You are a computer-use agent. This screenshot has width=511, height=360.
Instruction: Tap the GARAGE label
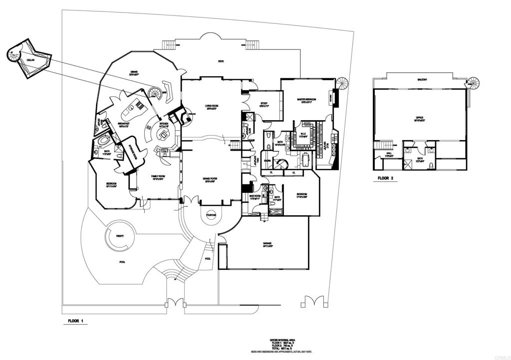tap(267, 244)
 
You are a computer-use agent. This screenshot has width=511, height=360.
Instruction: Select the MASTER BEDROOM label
tap(308, 100)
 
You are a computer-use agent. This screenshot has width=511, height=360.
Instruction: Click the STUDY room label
tap(264, 104)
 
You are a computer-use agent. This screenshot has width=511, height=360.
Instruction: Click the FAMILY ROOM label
tap(159, 176)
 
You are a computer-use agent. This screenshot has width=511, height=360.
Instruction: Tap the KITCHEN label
tap(164, 123)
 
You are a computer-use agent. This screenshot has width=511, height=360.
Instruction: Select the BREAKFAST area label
tap(124, 124)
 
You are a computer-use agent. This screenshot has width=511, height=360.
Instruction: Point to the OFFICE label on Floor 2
tap(420, 118)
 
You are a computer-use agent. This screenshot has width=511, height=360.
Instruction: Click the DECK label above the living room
tap(221, 62)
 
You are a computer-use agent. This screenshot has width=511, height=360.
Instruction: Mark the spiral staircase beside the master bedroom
tap(343, 83)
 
